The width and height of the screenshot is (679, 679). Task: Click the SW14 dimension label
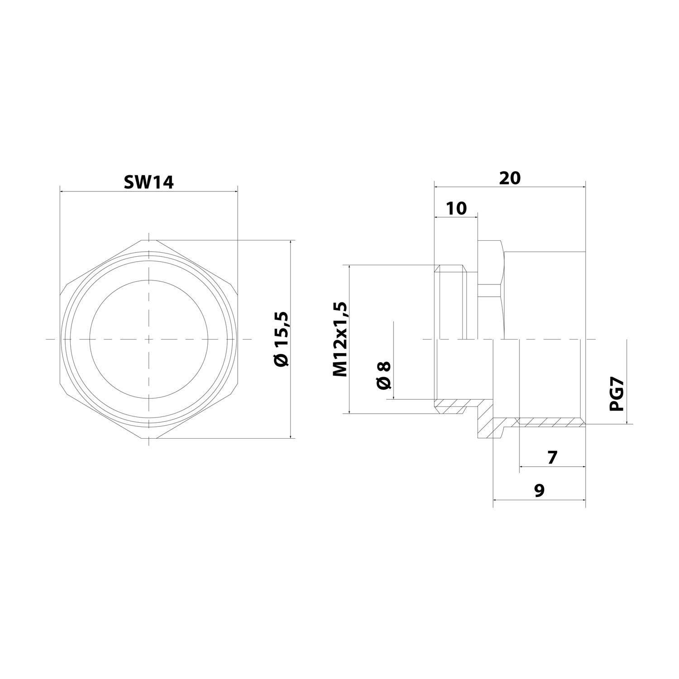[148, 182]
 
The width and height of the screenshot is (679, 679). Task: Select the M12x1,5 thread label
[340, 339]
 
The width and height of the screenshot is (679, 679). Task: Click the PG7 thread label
[617, 395]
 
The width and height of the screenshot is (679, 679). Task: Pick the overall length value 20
[510, 178]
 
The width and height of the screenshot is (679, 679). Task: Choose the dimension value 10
[456, 209]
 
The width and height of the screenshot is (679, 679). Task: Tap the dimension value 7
[552, 458]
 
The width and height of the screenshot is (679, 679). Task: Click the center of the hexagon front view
[148, 339]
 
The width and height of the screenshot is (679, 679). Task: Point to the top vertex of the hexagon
[148, 239]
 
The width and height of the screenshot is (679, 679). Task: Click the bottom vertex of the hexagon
[148, 438]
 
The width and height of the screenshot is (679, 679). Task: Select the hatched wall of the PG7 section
[550, 422]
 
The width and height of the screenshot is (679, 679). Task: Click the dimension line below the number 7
[552, 467]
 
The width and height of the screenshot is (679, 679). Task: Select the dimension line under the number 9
[539, 500]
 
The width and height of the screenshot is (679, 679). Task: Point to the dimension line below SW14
[148, 191]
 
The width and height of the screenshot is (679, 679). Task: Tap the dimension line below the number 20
[510, 186]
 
